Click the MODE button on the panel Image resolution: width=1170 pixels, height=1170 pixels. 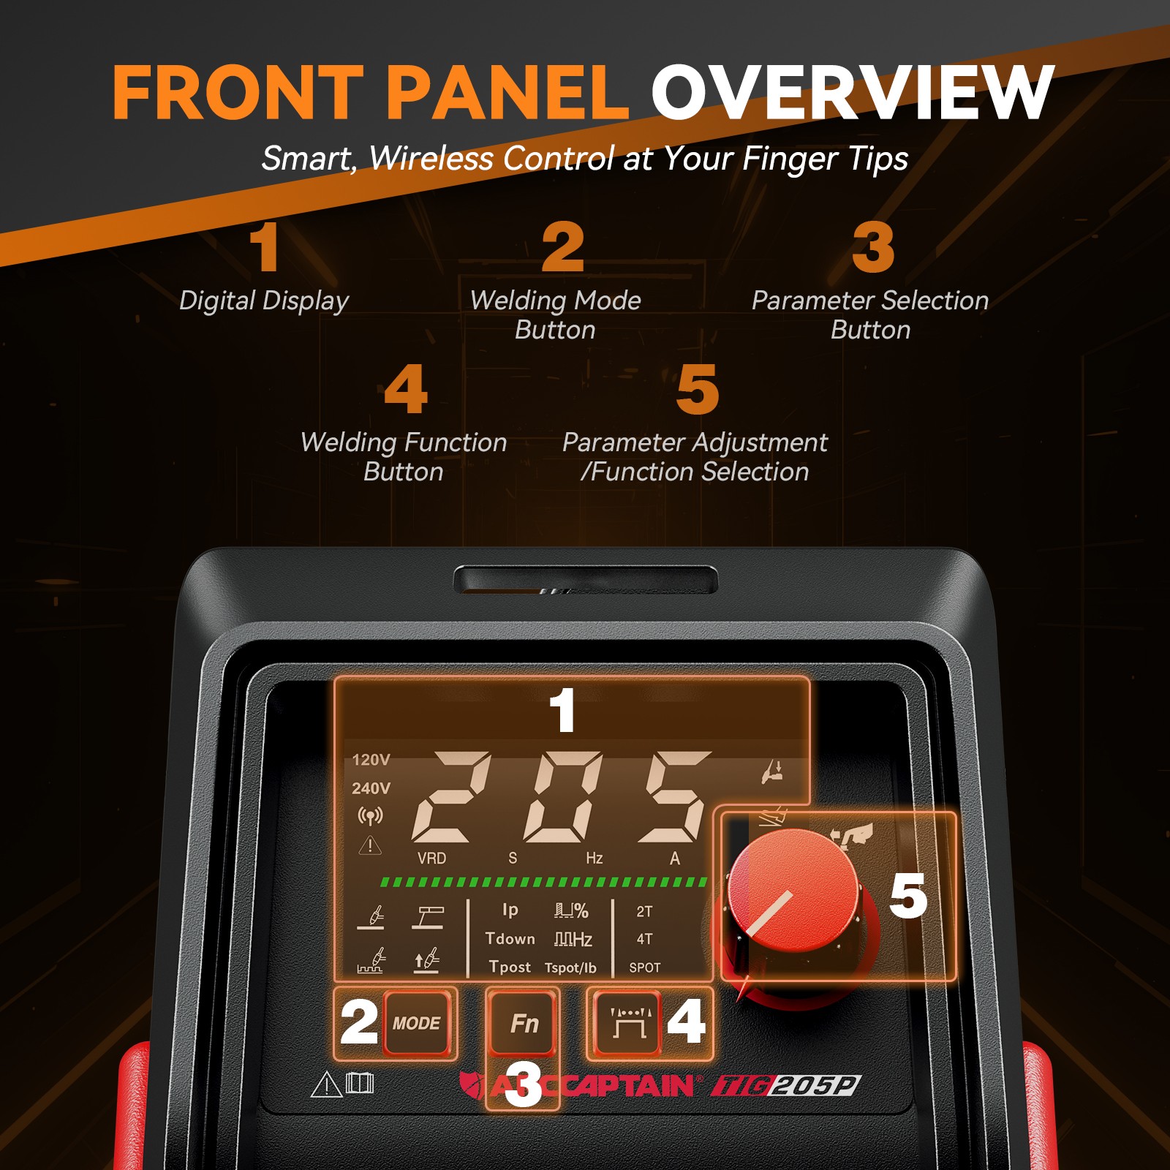[416, 1023]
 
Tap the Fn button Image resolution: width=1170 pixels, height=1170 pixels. [524, 1023]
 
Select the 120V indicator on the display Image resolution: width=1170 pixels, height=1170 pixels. [371, 760]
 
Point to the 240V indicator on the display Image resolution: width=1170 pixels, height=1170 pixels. [371, 788]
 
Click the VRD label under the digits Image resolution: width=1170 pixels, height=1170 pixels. [431, 858]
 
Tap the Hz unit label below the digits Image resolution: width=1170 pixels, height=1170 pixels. [594, 858]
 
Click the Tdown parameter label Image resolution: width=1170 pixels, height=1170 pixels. [510, 939]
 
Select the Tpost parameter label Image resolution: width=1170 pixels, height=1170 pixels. [510, 967]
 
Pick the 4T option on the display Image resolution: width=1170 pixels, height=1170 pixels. [643, 939]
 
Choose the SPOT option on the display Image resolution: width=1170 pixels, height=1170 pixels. [644, 967]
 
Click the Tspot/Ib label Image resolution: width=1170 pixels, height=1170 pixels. [570, 967]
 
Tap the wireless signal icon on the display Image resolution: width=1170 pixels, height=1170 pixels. [370, 816]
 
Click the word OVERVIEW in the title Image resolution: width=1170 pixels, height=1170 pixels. [852, 93]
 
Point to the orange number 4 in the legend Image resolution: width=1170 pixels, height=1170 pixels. [405, 389]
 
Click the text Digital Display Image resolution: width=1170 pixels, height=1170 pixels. [263, 301]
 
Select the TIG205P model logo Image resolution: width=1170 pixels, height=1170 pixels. [786, 1086]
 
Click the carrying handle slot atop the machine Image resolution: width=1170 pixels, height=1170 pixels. [585, 580]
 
